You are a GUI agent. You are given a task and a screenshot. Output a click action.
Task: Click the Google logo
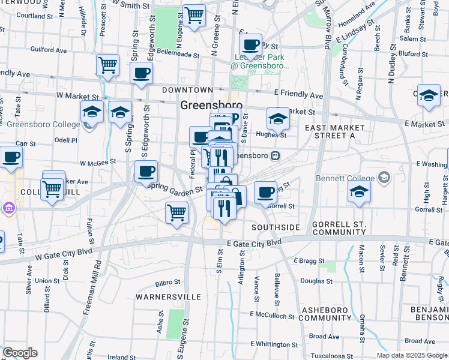[x=20, y=353]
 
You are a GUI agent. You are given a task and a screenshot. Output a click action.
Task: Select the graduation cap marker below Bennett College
[x=359, y=191]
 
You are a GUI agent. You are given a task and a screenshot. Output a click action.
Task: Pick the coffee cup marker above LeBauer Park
[x=251, y=44]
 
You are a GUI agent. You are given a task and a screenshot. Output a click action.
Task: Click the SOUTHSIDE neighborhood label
[x=276, y=227]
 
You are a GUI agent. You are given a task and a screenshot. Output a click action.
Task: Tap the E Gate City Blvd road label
[x=254, y=242]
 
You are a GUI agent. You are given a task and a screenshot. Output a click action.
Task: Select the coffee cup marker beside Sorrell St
[x=265, y=193]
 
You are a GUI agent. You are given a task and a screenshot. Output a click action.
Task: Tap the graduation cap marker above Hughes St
[x=278, y=119]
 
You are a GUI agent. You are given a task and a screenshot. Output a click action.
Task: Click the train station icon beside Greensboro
[x=276, y=155]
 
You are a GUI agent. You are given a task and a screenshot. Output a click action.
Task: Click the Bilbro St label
[x=167, y=282]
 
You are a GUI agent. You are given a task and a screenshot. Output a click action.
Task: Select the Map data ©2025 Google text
[x=411, y=355]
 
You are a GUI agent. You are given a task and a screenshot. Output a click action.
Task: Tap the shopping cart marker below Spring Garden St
[x=176, y=212]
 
